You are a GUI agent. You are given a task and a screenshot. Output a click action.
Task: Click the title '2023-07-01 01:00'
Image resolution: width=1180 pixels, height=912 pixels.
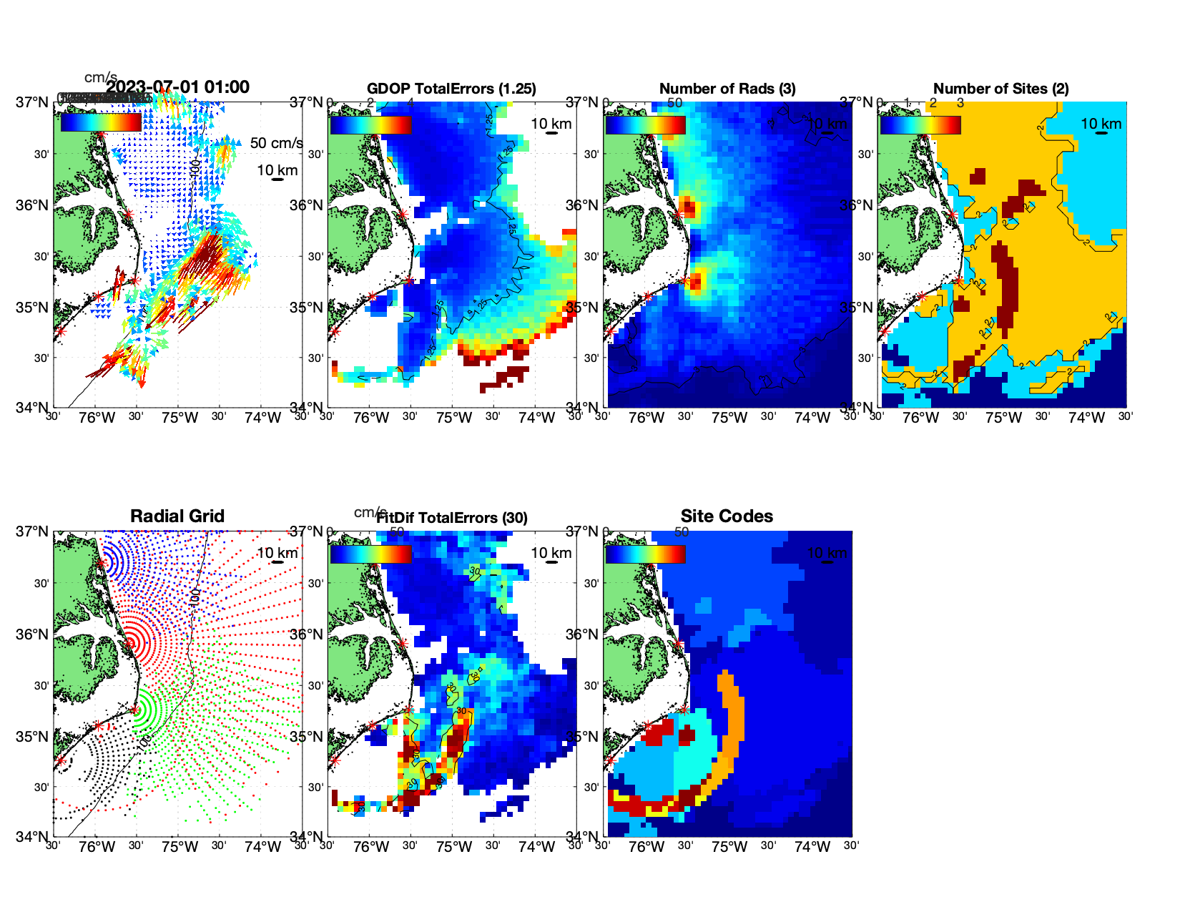[x=177, y=87]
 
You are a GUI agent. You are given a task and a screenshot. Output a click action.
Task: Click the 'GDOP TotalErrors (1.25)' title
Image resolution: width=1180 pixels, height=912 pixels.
[x=451, y=89]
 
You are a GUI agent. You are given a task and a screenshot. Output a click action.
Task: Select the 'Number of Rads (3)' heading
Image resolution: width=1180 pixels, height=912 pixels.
[x=727, y=89]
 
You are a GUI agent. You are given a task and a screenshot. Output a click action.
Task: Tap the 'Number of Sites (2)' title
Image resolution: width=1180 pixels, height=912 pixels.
[x=1001, y=89]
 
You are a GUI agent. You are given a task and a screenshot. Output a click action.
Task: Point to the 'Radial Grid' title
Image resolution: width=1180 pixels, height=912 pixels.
[x=177, y=516]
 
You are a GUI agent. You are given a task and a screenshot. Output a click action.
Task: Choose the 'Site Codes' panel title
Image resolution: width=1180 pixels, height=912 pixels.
[x=727, y=516]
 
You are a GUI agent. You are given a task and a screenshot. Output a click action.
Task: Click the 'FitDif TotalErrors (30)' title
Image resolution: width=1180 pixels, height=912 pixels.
[x=452, y=518]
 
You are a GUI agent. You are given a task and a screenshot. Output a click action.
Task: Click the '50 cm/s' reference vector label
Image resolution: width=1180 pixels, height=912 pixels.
[x=276, y=143]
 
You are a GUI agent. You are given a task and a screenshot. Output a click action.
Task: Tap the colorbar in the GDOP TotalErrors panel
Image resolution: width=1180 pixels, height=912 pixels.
[x=370, y=124]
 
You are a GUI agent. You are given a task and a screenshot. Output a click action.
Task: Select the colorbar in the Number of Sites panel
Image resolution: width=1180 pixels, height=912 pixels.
[x=920, y=124]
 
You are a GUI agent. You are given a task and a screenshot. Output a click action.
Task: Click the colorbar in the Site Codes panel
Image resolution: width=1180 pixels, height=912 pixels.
[x=645, y=554]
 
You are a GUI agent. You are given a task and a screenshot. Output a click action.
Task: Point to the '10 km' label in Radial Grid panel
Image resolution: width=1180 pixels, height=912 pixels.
[x=277, y=553]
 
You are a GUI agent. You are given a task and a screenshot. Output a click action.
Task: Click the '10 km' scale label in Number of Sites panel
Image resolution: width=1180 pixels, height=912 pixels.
[x=1101, y=124]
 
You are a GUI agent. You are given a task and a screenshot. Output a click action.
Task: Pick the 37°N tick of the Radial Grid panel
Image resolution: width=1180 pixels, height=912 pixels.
[x=32, y=531]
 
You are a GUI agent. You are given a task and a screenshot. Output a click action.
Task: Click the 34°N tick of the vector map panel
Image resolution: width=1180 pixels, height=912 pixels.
[x=32, y=408]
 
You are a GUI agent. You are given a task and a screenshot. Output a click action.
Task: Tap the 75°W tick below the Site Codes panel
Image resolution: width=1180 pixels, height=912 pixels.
[x=729, y=847]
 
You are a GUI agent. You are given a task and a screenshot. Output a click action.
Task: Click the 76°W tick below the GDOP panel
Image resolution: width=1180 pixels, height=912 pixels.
[x=371, y=418]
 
